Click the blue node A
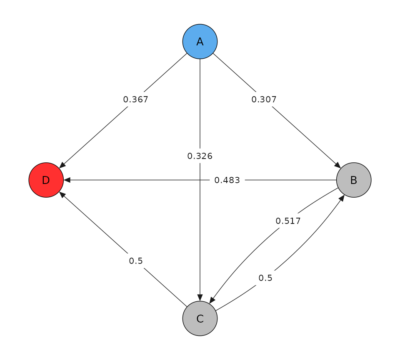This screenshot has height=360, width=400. (200, 42)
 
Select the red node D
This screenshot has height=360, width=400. (46, 180)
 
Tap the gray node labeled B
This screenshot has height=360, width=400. (353, 180)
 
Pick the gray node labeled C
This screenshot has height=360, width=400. (200, 318)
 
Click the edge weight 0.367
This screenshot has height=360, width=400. (135, 99)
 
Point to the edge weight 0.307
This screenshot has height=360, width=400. (264, 99)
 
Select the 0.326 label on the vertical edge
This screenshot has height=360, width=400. (200, 156)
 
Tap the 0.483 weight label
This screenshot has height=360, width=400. (227, 180)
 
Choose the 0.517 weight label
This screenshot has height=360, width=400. (288, 221)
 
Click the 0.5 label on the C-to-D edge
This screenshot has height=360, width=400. (135, 261)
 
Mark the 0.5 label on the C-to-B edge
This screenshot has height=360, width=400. (265, 278)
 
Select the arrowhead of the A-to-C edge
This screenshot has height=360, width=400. (200, 298)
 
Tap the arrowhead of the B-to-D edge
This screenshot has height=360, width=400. (67, 180)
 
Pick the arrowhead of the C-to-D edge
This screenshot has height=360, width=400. (62, 194)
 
